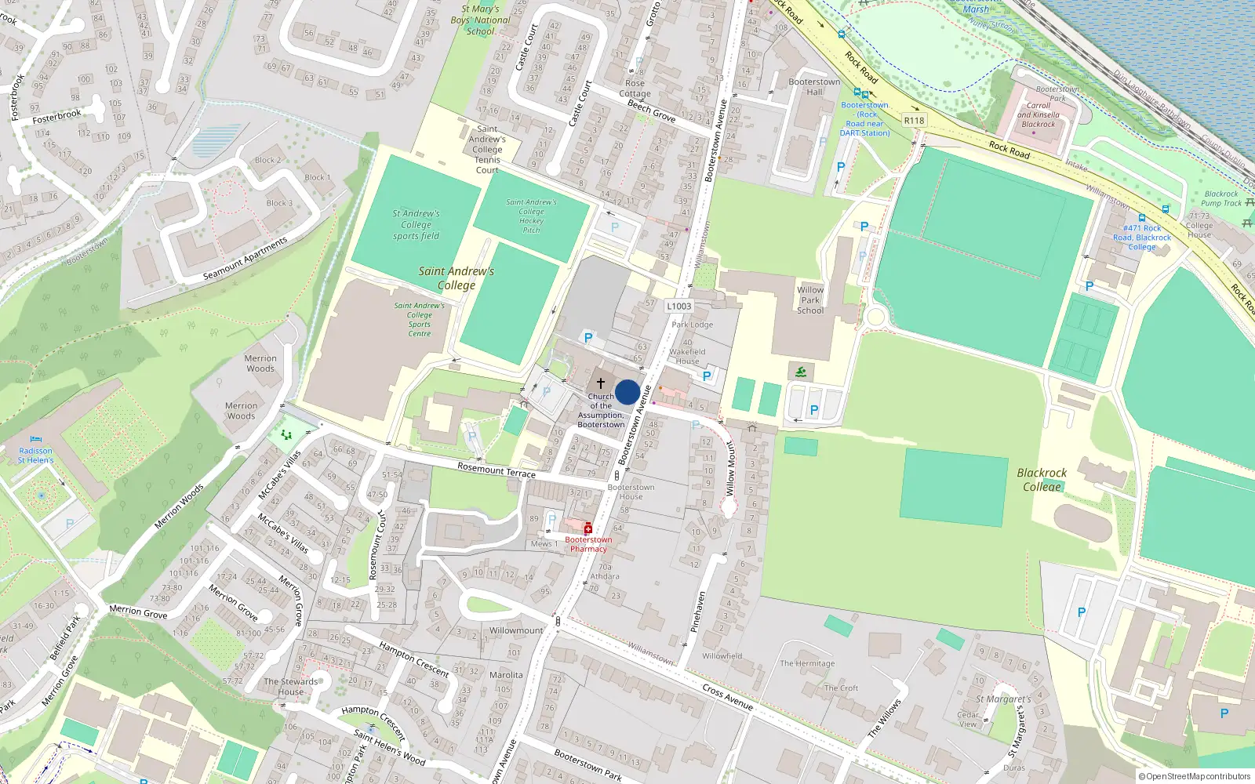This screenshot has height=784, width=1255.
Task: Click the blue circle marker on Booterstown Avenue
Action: (627, 393)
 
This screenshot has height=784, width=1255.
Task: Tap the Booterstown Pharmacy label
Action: (588, 544)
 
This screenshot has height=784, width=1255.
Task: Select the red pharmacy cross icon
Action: (588, 529)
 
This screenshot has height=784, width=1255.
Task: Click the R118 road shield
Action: (914, 121)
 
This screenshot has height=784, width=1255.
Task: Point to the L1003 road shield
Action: (679, 307)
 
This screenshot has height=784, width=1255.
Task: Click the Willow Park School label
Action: (810, 300)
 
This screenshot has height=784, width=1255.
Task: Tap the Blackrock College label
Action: (1042, 480)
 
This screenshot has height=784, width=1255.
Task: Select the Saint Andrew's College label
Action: (457, 278)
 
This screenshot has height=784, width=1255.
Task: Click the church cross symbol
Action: (601, 383)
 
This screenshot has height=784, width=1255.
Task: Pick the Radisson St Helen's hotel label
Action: (36, 456)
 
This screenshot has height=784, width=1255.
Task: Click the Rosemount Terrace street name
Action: (497, 470)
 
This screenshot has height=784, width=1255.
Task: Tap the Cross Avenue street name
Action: (727, 696)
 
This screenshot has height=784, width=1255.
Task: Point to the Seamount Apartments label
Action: (245, 258)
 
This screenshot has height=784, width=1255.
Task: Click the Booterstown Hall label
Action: (814, 86)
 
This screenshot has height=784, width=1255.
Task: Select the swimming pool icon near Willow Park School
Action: (801, 372)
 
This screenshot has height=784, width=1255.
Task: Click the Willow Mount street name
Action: (730, 469)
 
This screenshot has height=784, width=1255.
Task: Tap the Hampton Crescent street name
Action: (413, 659)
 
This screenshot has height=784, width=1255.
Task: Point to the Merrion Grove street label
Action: (138, 612)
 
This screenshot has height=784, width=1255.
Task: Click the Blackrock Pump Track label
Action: (1221, 198)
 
